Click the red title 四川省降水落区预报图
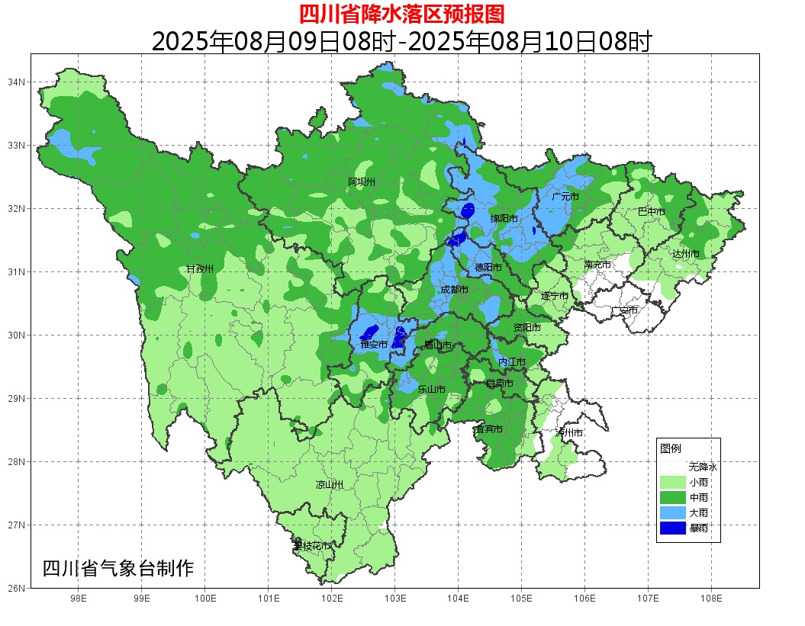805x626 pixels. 401,14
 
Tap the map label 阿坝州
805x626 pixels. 362,181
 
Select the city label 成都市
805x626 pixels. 455,290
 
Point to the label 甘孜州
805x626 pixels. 201,269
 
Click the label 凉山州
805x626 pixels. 330,485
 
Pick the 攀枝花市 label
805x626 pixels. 312,546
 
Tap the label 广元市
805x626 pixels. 565,197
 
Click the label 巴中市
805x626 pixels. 651,212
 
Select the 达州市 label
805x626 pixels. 685,253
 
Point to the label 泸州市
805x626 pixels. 569,432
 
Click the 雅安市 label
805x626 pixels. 374,345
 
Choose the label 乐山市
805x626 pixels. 431,389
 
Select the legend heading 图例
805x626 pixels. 670,448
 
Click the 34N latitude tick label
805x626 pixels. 17,82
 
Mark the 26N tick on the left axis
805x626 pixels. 17,588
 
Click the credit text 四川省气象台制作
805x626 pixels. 118,569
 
